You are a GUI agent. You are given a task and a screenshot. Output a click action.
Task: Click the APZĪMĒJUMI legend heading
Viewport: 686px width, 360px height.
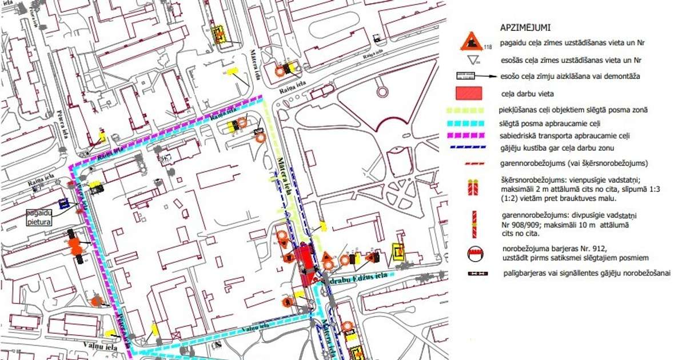click(525, 27)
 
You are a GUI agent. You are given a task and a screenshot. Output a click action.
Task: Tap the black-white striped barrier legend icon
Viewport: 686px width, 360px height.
click(473, 274)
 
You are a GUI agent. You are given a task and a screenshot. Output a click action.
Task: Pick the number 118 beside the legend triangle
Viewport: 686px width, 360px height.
click(488, 47)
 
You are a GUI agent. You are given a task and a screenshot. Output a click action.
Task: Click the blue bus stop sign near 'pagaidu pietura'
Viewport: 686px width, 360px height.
click(64, 203)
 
